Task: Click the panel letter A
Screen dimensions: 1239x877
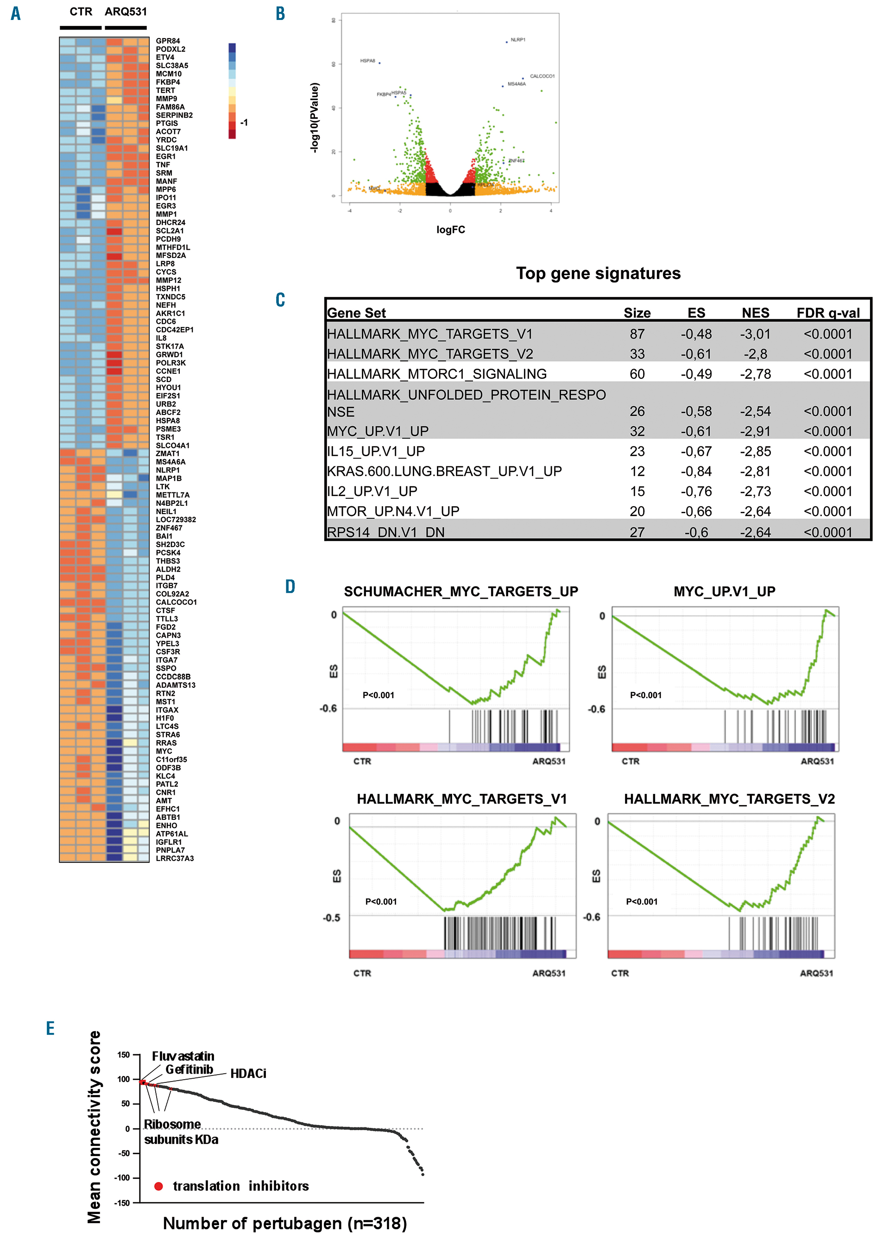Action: pyautogui.click(x=16, y=13)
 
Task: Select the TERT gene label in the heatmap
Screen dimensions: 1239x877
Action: pyautogui.click(x=165, y=90)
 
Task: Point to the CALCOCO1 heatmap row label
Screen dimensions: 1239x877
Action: pyautogui.click(x=176, y=602)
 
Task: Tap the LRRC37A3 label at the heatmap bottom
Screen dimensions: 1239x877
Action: pyautogui.click(x=175, y=858)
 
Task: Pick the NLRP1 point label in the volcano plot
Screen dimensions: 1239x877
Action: pyautogui.click(x=517, y=40)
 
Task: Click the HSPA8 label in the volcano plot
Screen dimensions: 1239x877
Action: pyautogui.click(x=367, y=61)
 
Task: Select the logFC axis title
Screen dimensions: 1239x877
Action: pyautogui.click(x=450, y=229)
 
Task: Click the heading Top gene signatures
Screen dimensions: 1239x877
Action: pyautogui.click(x=598, y=273)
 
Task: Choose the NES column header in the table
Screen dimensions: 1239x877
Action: pyautogui.click(x=755, y=313)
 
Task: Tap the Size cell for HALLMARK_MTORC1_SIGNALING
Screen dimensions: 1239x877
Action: pyautogui.click(x=637, y=374)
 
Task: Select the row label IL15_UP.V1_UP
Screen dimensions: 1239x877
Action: pyautogui.click(x=376, y=451)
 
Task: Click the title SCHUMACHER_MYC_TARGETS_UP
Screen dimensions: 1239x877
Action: pyautogui.click(x=461, y=591)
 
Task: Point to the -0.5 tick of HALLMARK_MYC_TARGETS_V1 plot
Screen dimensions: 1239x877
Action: pyautogui.click(x=332, y=918)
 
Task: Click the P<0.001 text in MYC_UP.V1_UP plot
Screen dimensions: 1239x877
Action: pyautogui.click(x=645, y=695)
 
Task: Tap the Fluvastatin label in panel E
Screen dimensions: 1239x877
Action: pyautogui.click(x=183, y=1056)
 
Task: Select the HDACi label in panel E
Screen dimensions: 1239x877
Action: pyautogui.click(x=248, y=1074)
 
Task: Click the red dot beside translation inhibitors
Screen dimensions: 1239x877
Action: pyautogui.click(x=158, y=1186)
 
